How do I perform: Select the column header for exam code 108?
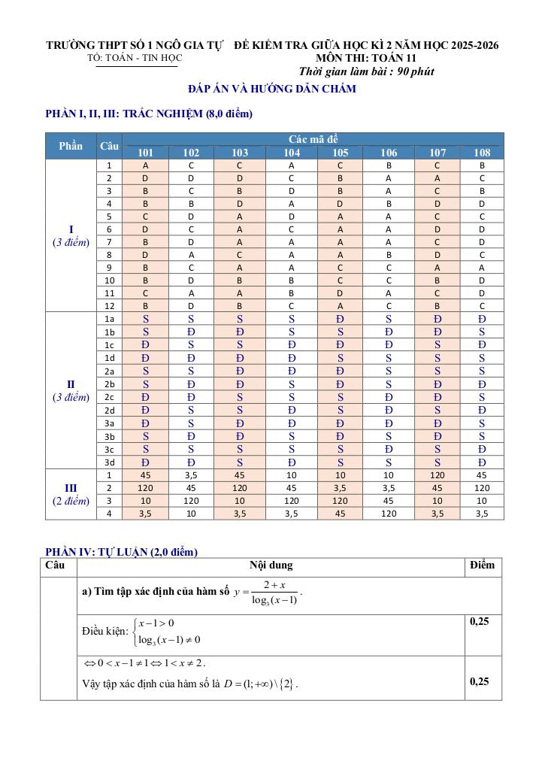pos(482,153)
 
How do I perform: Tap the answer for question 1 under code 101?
pos(145,165)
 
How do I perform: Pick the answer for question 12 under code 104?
pos(292,306)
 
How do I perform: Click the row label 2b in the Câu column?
pos(110,384)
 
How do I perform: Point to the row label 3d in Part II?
pos(110,462)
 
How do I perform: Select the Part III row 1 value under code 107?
pos(437,475)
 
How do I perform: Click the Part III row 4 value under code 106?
pos(389,514)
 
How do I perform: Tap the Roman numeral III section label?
pos(71,488)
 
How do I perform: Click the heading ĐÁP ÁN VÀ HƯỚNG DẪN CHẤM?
pos(272,89)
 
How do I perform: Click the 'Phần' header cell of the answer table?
pos(71,146)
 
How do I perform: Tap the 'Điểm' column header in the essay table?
pos(482,565)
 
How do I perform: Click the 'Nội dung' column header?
pos(271,565)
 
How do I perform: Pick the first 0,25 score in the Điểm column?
pos(480,622)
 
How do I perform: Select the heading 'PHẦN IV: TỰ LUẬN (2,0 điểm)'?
pos(122,552)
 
